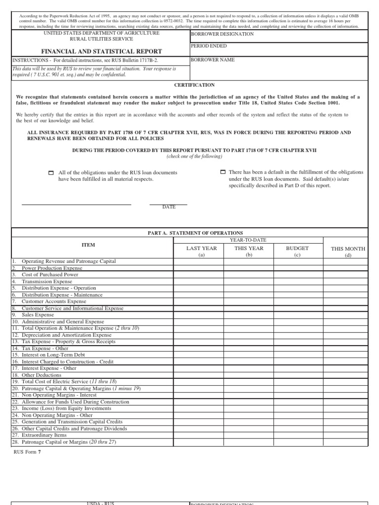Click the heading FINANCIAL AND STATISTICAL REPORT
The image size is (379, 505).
pyautogui.click(x=101, y=51)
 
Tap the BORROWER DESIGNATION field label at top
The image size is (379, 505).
pyautogui.click(x=222, y=34)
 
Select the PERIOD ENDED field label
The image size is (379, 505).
pyautogui.click(x=209, y=46)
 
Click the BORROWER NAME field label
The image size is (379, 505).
pyautogui.click(x=213, y=60)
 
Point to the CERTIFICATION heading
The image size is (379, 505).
pyautogui.click(x=194, y=85)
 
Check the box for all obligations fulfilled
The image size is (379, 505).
pyautogui.click(x=51, y=173)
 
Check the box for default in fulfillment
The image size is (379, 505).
pyautogui.click(x=222, y=172)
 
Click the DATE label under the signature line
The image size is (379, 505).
pyautogui.click(x=169, y=207)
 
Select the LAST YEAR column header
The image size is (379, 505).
pyautogui.click(x=201, y=249)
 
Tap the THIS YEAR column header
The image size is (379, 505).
pyautogui.click(x=249, y=249)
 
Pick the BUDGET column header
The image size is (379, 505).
pyautogui.click(x=297, y=249)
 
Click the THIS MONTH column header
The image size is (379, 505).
pyautogui.click(x=348, y=249)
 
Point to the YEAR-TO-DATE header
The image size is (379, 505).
pyautogui.click(x=248, y=240)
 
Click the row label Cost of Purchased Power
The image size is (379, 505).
pyautogui.click(x=50, y=275)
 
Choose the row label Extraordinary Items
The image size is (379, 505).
pyautogui.click(x=44, y=435)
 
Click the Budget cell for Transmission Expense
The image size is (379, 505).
pyautogui.click(x=298, y=281)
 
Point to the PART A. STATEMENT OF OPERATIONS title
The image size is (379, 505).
pyautogui.click(x=195, y=232)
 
